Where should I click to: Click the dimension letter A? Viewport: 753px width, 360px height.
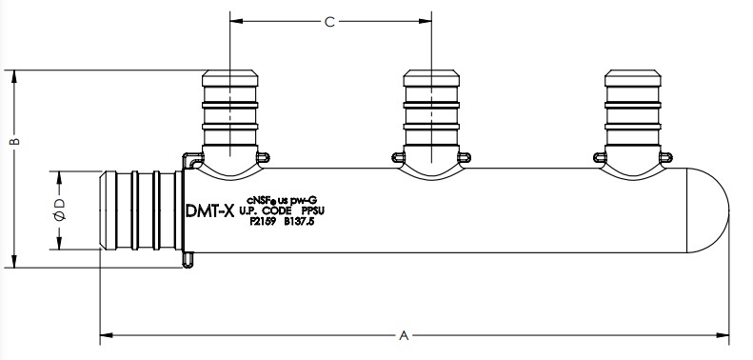[404, 335]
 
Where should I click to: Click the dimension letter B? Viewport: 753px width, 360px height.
[15, 141]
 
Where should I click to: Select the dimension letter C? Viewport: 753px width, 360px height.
[329, 22]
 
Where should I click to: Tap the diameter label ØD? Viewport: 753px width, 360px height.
[60, 210]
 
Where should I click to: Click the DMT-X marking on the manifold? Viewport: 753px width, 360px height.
[209, 210]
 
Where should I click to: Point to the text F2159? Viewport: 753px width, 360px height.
[263, 222]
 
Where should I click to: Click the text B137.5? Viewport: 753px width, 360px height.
[299, 222]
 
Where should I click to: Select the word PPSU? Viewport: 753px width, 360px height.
[313, 210]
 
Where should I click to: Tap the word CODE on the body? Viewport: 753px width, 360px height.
[277, 210]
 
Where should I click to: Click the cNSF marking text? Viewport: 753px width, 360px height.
[262, 199]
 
